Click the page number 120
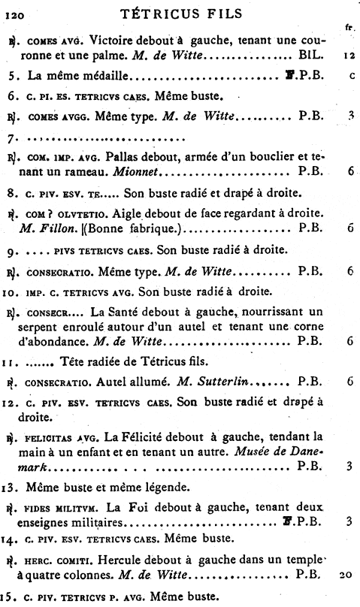15,13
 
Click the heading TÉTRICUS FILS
180,12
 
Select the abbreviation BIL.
311,55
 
